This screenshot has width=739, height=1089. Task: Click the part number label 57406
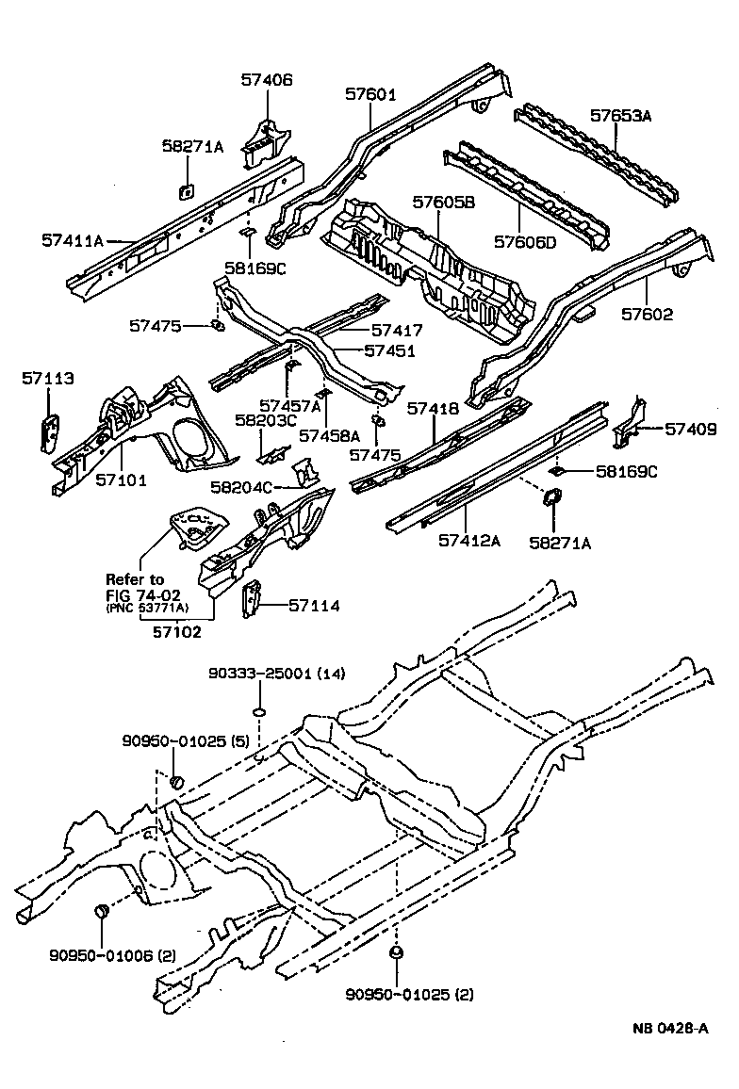(265, 81)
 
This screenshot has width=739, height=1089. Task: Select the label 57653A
(621, 116)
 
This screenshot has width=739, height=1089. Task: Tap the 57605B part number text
(443, 202)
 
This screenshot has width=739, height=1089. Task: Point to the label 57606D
(526, 243)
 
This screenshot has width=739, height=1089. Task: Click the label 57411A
(73, 240)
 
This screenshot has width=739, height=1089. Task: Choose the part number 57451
(390, 350)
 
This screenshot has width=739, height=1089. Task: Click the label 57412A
(468, 540)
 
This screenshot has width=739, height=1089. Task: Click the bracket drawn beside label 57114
(252, 600)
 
